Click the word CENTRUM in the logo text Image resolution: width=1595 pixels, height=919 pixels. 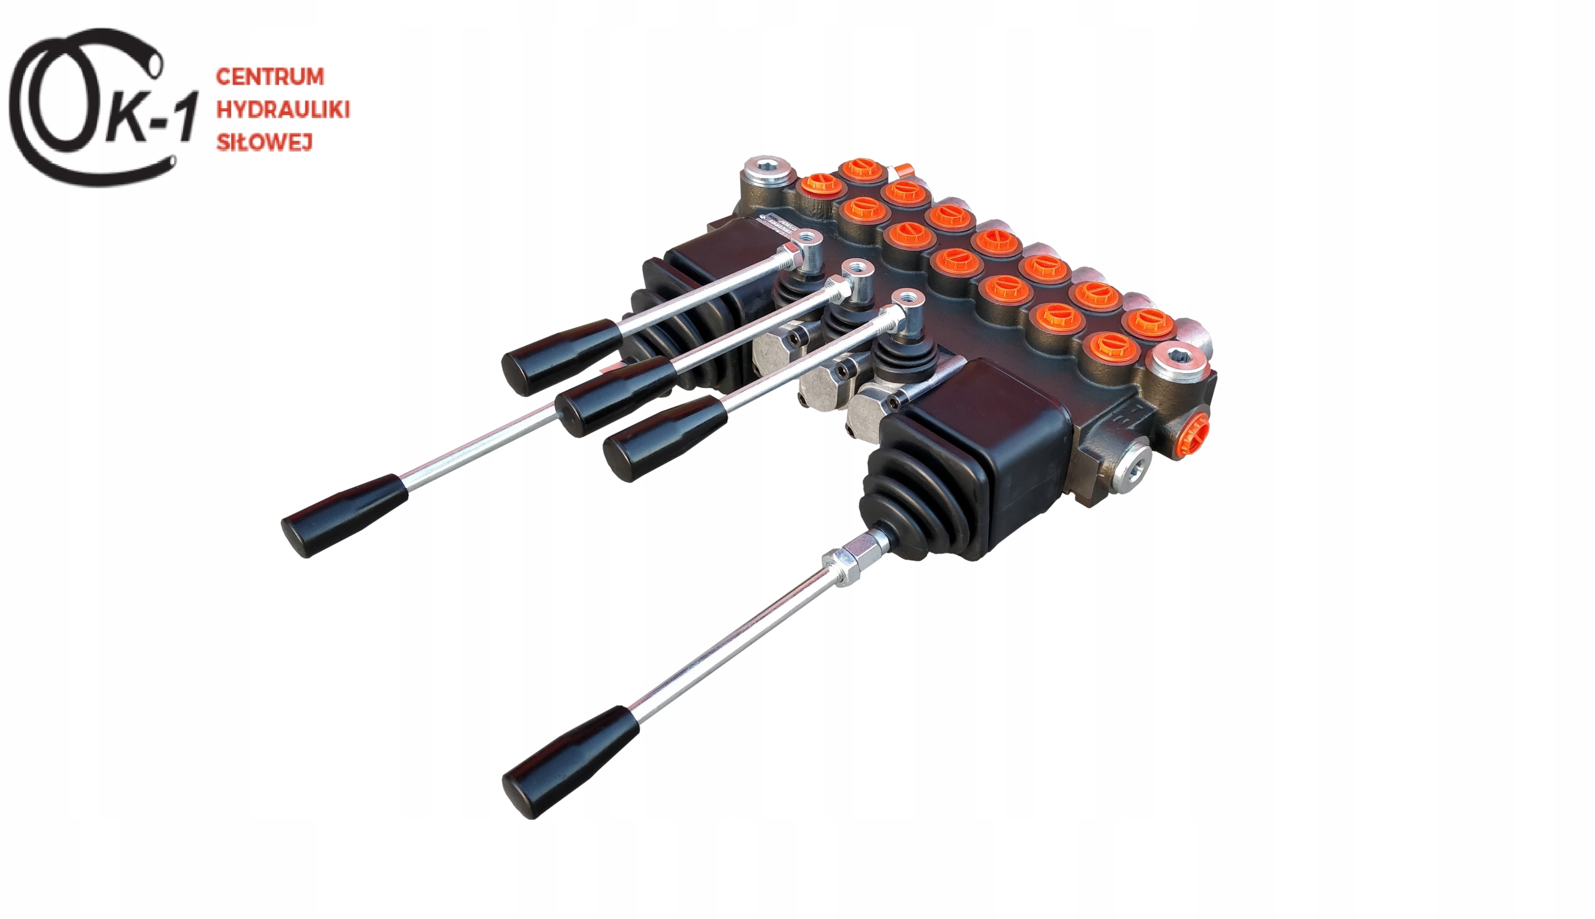pos(270,77)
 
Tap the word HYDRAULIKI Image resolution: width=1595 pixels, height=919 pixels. pos(282,110)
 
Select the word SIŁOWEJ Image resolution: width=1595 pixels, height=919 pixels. pos(265,143)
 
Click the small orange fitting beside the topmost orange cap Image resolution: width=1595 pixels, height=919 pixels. pos(902,171)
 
